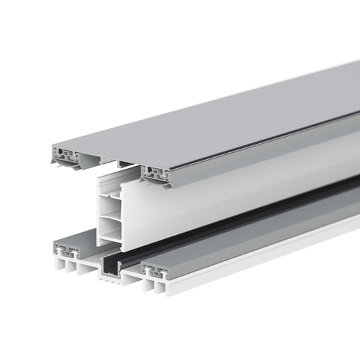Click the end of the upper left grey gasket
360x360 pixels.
click(x=66, y=154)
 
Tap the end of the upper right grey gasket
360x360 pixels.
click(x=156, y=174)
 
